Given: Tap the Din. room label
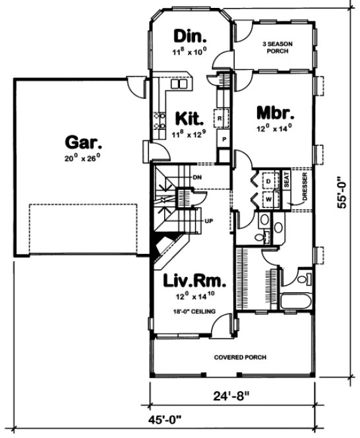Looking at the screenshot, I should (x=190, y=35).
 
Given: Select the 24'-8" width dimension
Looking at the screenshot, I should (x=233, y=396).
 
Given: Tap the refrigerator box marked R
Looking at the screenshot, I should (x=222, y=119).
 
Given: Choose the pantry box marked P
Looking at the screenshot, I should (x=224, y=141).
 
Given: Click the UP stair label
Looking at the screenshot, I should (x=208, y=220).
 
